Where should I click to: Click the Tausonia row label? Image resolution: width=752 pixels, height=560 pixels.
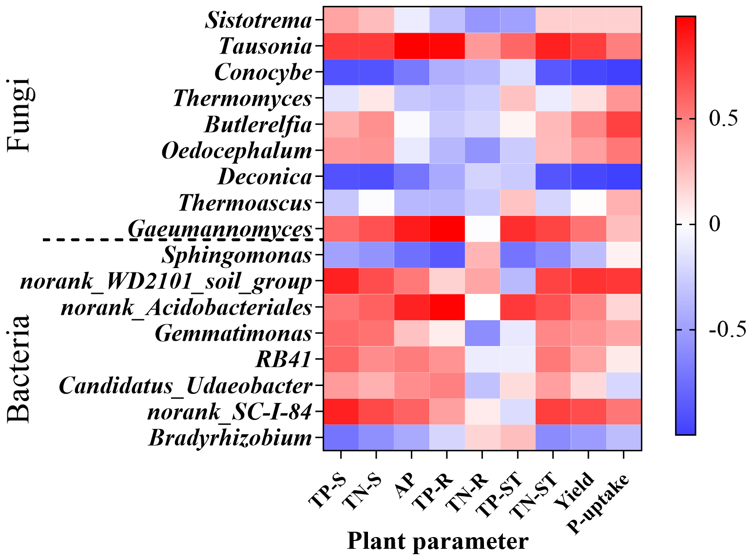coord(265,46)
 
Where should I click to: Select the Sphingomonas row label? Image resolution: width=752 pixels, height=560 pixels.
coord(237,255)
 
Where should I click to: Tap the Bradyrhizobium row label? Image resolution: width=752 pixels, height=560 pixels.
coord(230,438)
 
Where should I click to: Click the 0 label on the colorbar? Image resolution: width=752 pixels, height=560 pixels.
coord(715,224)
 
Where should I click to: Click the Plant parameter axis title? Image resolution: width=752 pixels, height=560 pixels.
coord(437,541)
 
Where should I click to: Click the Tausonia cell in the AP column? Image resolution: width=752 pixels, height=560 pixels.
coord(411,46)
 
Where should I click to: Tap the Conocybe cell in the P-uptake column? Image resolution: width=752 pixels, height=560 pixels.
coord(623,72)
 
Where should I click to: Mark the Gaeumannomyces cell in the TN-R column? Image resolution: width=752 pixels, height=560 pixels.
coord(482,229)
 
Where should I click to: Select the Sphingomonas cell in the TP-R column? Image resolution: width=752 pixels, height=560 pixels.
coord(446,255)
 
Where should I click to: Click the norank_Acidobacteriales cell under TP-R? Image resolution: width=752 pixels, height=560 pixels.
coord(446,307)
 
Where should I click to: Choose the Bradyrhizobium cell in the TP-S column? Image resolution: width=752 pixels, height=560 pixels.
coord(341,438)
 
